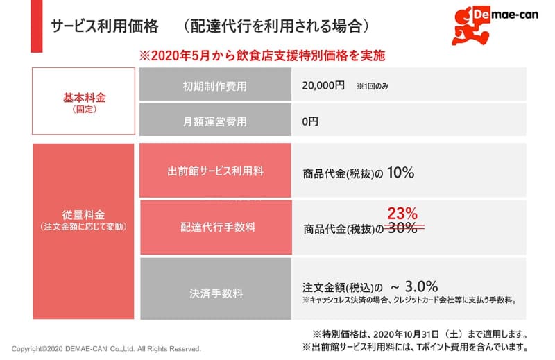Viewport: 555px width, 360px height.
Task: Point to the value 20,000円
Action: point(323,86)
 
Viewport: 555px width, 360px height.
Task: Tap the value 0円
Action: point(310,121)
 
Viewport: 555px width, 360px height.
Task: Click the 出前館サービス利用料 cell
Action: point(215,171)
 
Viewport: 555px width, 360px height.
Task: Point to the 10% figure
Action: point(401,172)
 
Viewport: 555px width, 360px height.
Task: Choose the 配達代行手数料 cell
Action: point(215,227)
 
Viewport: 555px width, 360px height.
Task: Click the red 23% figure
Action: point(402,213)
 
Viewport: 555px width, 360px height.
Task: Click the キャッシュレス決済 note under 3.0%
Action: point(409,301)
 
